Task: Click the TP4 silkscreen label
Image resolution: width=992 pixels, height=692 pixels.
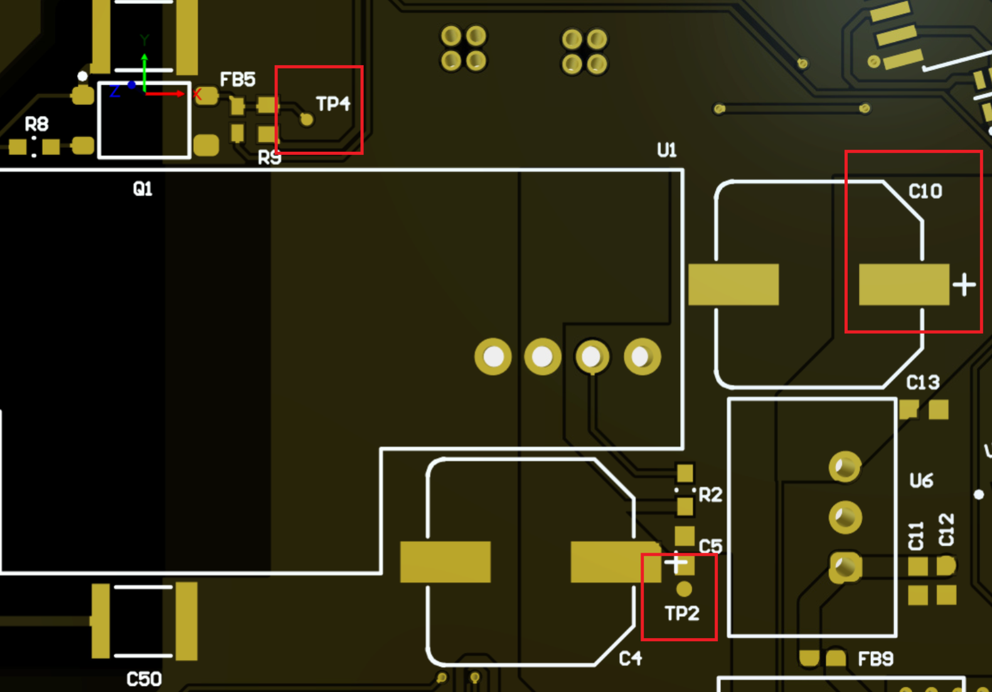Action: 333,104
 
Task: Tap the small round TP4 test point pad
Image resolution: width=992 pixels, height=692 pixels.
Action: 306,119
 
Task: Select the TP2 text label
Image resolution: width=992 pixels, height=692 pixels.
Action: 681,613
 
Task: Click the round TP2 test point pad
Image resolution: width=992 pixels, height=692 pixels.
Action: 684,589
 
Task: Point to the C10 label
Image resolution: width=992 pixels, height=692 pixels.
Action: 925,191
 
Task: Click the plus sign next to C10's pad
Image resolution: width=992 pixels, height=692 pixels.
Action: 964,285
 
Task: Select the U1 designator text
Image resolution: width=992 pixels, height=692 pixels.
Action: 666,150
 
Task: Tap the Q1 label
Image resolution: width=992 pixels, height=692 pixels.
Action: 142,188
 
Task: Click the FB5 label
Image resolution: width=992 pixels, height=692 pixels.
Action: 237,80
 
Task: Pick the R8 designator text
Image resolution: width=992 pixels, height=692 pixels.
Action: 36,124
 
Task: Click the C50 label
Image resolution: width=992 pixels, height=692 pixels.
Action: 144,679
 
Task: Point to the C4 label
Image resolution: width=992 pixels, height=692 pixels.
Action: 630,658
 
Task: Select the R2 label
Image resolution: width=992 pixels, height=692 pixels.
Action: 710,495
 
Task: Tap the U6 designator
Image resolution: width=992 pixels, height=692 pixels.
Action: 920,481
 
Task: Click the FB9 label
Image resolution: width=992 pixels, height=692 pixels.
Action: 875,659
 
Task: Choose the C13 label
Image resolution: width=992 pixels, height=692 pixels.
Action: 922,382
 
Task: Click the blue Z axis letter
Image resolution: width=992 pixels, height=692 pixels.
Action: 114,92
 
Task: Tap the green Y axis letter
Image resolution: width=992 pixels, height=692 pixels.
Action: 144,41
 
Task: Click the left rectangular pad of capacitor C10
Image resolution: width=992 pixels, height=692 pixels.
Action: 733,285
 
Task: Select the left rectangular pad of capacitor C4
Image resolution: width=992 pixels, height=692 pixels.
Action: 445,562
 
